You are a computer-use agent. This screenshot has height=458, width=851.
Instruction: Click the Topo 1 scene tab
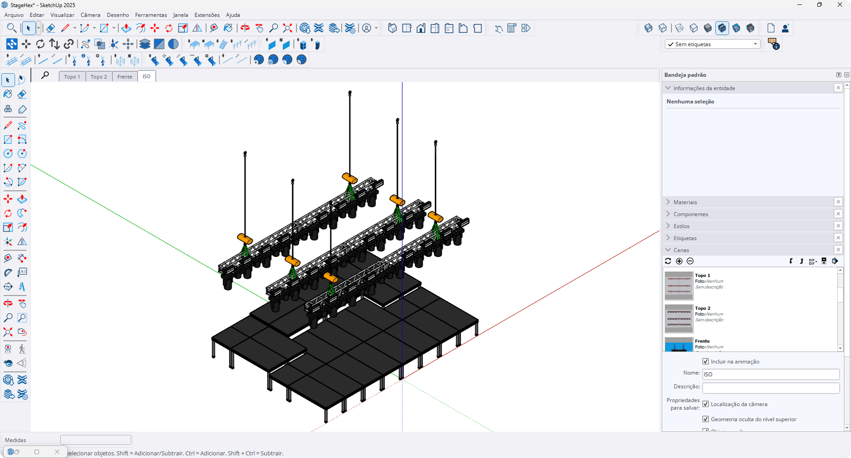(x=72, y=77)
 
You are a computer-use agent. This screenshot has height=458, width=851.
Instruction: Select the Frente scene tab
(x=125, y=77)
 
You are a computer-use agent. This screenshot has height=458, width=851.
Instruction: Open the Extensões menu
(x=207, y=15)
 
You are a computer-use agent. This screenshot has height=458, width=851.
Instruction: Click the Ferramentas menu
(x=151, y=15)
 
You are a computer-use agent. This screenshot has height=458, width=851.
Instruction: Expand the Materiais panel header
(x=685, y=202)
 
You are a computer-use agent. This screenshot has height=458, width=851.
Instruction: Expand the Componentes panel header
(x=691, y=214)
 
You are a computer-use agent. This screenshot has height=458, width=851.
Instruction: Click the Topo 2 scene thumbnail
(x=679, y=319)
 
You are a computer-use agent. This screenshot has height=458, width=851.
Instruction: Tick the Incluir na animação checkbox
(x=706, y=362)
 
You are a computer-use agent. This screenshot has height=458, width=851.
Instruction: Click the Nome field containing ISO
(x=770, y=375)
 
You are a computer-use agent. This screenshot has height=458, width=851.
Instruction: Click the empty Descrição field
(x=770, y=388)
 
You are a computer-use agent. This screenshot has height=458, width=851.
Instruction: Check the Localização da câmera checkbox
(x=706, y=404)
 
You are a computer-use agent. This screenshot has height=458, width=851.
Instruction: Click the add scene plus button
(x=679, y=261)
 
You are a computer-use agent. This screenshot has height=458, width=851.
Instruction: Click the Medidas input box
(x=96, y=440)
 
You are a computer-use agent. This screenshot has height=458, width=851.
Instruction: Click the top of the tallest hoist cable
(x=350, y=92)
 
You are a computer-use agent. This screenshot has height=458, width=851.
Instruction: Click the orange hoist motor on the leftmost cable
(x=245, y=239)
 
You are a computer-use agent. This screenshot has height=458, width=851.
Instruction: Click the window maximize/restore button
(x=819, y=5)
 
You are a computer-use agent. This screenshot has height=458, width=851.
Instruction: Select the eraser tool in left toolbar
(x=22, y=94)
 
